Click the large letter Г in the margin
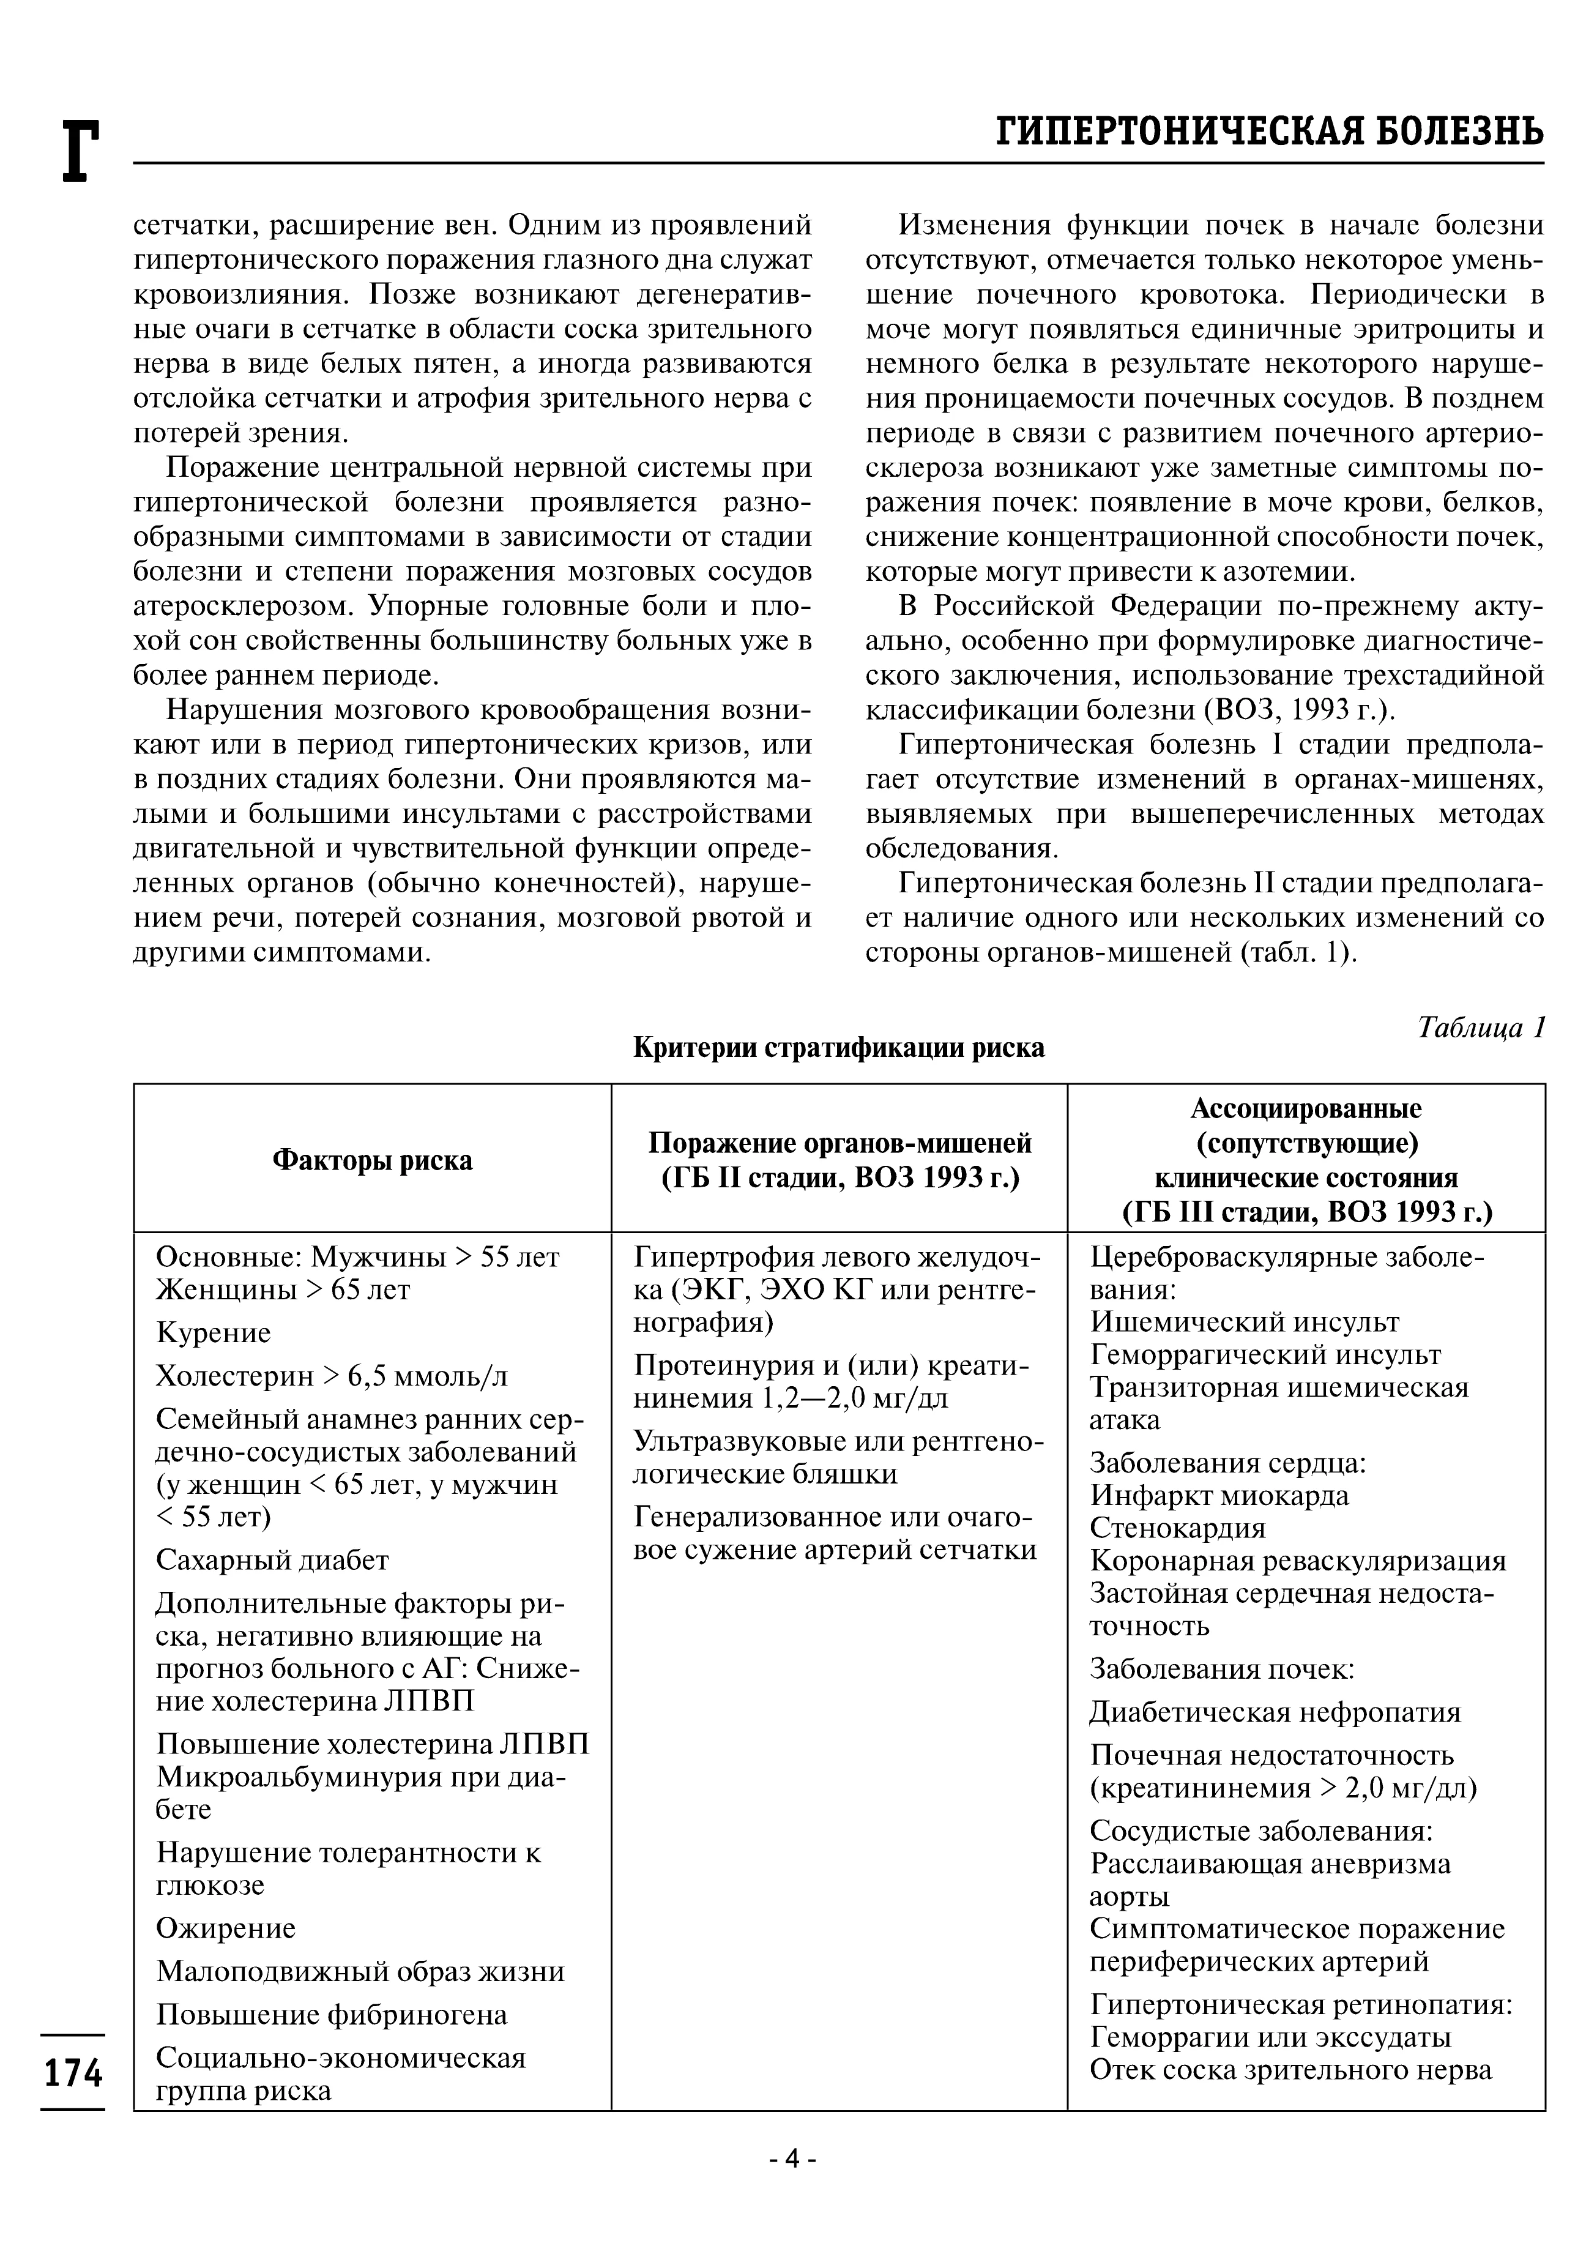pyautogui.click(x=80, y=151)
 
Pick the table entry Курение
pyautogui.click(x=213, y=1332)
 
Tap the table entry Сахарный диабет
pyautogui.click(x=272, y=1559)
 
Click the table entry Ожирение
pyautogui.click(x=226, y=1927)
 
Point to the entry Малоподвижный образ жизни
pyautogui.click(x=360, y=1971)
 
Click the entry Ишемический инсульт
pyautogui.click(x=1244, y=1322)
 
